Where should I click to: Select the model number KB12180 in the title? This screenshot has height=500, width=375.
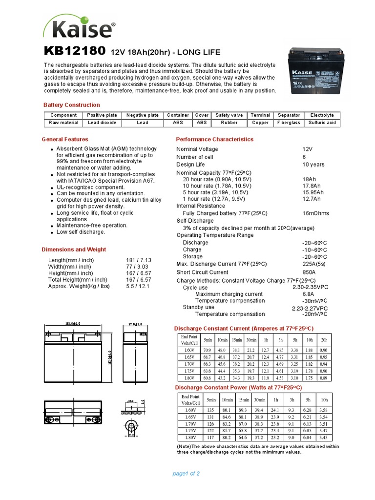[x=74, y=51]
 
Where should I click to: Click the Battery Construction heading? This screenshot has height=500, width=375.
[x=72, y=105]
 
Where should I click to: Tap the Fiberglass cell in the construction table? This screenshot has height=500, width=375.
[x=289, y=123]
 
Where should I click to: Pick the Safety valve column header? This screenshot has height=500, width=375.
[x=229, y=115]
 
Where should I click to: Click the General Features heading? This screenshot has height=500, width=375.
[x=65, y=139]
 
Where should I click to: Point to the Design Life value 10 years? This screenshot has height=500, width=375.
[x=313, y=165]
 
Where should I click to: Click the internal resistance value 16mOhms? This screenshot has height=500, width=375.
[x=315, y=213]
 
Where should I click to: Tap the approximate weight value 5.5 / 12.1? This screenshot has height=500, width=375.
[x=138, y=286]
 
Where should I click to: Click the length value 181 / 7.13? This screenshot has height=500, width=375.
[x=138, y=260]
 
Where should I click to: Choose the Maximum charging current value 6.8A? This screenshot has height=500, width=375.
[x=308, y=294]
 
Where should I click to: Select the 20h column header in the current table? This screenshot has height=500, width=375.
[x=323, y=339]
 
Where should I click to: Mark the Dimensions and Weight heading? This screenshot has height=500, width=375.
[x=74, y=250]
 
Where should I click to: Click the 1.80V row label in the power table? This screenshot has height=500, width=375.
[x=190, y=437]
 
